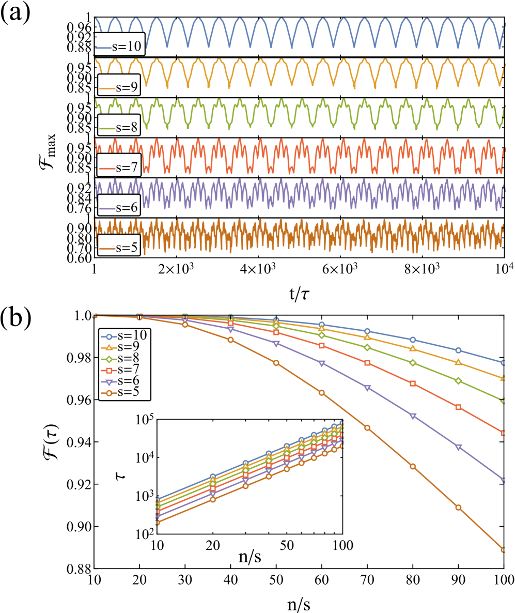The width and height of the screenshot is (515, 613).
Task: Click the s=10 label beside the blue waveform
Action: tap(127, 46)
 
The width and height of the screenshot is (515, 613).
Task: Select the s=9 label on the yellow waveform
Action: tap(127, 87)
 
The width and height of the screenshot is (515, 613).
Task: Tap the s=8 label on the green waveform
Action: tap(127, 127)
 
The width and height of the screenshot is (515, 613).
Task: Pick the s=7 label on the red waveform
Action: tap(127, 167)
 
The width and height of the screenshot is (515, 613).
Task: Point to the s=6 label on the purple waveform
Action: tap(127, 207)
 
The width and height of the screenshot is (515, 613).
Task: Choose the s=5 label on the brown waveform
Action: tap(127, 247)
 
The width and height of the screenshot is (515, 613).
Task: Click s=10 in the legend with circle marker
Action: tap(132, 334)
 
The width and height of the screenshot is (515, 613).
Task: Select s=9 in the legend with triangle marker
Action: tap(128, 346)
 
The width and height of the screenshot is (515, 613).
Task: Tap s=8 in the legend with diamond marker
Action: tap(128, 358)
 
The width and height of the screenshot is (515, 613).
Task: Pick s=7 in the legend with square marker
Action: tap(128, 369)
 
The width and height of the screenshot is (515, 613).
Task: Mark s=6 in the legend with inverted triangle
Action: tap(128, 380)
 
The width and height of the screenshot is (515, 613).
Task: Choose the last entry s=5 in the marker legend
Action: tap(128, 392)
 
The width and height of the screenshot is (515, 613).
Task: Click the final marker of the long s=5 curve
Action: tap(504, 549)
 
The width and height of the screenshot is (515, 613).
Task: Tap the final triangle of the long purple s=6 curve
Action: tap(504, 480)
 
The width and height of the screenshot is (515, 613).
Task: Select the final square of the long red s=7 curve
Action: tap(504, 433)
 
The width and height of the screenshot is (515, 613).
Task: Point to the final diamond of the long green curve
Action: tap(504, 401)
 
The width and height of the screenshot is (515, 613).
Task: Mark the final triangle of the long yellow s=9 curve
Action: tap(504, 378)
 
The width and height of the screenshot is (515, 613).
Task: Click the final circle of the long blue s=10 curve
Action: tap(504, 362)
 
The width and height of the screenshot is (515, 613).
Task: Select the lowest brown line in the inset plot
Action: tap(246, 486)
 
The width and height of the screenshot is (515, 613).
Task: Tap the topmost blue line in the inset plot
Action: tap(246, 463)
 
